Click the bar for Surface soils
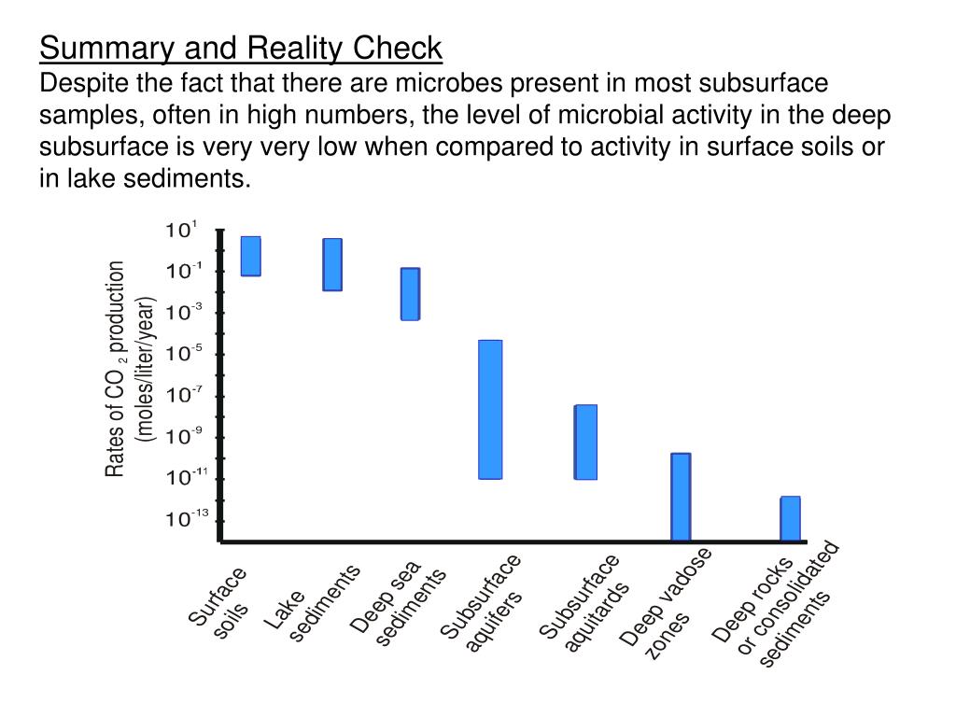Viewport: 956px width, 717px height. [x=250, y=256]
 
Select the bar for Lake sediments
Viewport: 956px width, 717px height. [x=332, y=264]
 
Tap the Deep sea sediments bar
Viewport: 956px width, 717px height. [x=410, y=294]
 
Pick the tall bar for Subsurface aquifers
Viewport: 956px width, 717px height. [x=490, y=409]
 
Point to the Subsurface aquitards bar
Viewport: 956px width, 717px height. [x=585, y=442]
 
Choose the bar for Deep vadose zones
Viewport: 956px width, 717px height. [x=681, y=497]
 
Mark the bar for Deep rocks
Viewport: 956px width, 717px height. [x=790, y=518]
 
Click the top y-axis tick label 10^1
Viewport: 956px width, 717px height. [x=181, y=230]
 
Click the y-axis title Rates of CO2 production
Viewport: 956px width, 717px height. [x=116, y=369]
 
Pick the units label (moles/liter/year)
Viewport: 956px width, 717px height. [x=146, y=369]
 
